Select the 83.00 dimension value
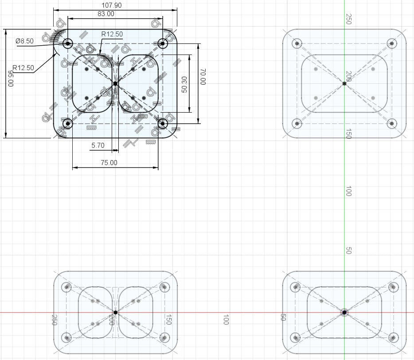pyautogui.click(x=106, y=14)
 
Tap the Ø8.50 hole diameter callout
pyautogui.click(x=24, y=41)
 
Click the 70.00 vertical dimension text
pyautogui.click(x=203, y=77)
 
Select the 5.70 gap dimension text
pyautogui.click(x=98, y=145)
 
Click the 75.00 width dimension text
pyautogui.click(x=109, y=163)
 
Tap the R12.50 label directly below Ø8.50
pyautogui.click(x=23, y=68)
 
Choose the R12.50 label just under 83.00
pyautogui.click(x=112, y=34)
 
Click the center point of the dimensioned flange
pyautogui.click(x=115, y=83)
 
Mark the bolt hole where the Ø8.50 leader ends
pyautogui.click(x=68, y=43)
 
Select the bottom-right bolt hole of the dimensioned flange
pyautogui.click(x=163, y=123)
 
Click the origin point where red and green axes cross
pyautogui.click(x=344, y=312)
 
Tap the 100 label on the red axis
pyautogui.click(x=226, y=320)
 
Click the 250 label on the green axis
pyautogui.click(x=348, y=19)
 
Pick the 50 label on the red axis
pyautogui.click(x=283, y=317)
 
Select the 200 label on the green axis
pyautogui.click(x=348, y=76)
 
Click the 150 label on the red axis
pyautogui.click(x=168, y=320)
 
